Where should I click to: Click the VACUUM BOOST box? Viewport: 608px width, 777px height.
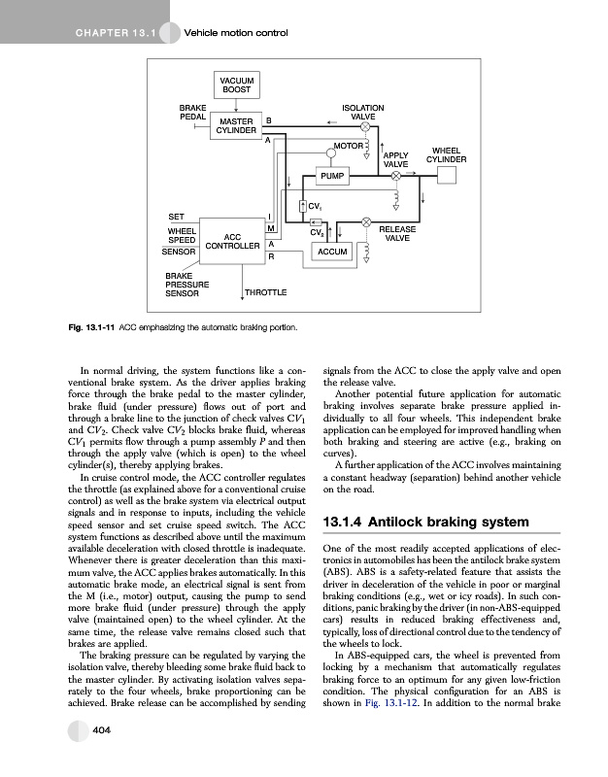click(x=236, y=84)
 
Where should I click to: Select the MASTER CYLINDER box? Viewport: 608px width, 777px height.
click(x=236, y=125)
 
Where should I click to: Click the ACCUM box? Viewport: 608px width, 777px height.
click(x=332, y=252)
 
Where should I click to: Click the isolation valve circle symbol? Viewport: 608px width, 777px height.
click(x=366, y=126)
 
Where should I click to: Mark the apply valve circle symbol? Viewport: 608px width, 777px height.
click(x=367, y=147)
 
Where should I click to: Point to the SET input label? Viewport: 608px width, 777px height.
click(x=177, y=216)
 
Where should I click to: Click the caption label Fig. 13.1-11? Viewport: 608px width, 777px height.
click(x=90, y=326)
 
